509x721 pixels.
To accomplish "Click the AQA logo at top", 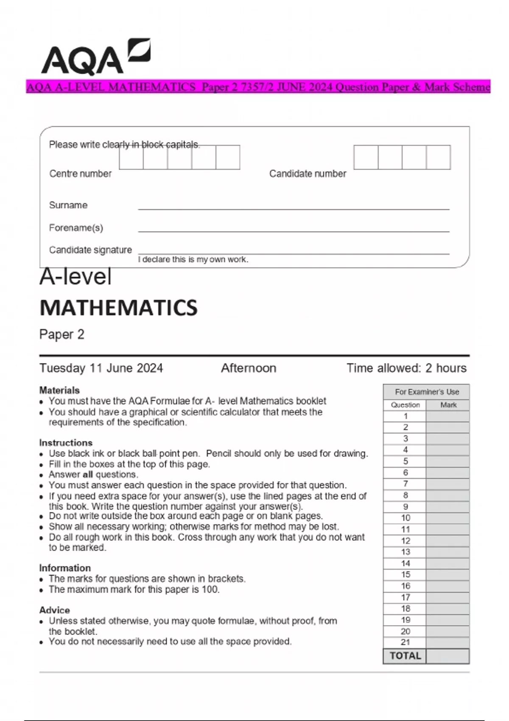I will [x=95, y=57].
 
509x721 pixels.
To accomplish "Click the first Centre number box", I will [x=131, y=157].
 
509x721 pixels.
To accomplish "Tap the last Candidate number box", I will [x=438, y=157].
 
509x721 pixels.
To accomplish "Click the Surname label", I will [x=68, y=205].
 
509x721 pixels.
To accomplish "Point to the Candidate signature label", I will [x=90, y=250].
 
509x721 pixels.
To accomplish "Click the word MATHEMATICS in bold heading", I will [x=118, y=308].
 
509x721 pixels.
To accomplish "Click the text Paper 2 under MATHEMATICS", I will [x=62, y=335].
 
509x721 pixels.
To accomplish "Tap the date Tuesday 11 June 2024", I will [x=101, y=368].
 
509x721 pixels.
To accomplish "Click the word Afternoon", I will [x=249, y=368].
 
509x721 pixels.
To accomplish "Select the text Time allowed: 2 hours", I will [x=406, y=368].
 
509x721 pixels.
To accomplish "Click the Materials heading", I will [x=59, y=390].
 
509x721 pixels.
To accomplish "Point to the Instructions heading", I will [x=66, y=443].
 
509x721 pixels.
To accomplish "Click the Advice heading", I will [x=54, y=610].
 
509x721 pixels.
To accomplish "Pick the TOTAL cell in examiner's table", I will [x=405, y=656].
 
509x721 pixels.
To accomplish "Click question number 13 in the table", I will [x=405, y=552].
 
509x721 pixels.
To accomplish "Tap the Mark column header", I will [x=448, y=405].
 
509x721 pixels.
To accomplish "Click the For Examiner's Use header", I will [x=426, y=392].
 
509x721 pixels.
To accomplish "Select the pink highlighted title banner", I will [x=258, y=87].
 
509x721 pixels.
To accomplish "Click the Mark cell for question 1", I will [x=448, y=416].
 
